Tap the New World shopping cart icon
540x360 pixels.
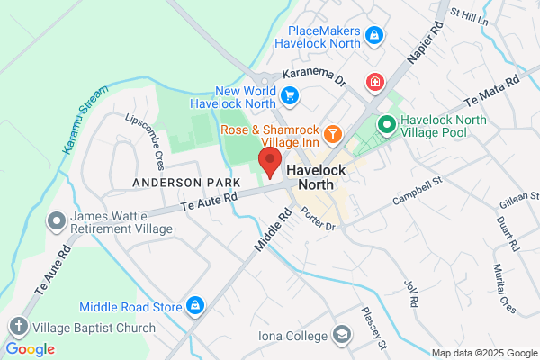pos(290,94)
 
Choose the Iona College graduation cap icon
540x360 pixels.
pos(341,335)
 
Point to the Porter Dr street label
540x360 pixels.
pos(318,219)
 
